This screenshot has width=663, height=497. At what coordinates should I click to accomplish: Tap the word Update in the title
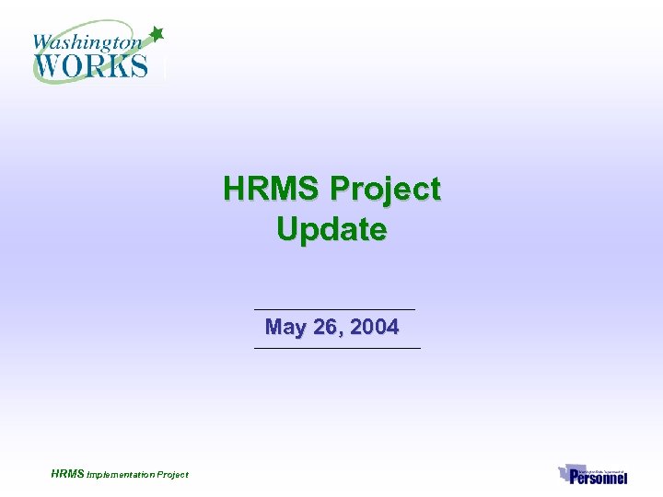point(331,229)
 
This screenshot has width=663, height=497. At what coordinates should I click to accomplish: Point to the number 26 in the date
point(324,327)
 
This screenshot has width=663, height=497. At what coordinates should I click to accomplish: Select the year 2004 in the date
point(374,327)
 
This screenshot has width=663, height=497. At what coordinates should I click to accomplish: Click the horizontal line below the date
point(336,348)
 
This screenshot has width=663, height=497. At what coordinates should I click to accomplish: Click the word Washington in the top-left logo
point(87,41)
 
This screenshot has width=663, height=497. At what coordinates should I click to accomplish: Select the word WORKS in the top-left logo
point(90,65)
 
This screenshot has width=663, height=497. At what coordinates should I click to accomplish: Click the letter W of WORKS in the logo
point(48,65)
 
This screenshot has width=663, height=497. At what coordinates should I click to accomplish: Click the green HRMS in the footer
point(67,474)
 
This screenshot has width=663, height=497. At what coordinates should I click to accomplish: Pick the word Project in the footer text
point(172,475)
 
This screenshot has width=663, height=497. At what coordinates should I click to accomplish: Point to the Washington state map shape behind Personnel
point(566,473)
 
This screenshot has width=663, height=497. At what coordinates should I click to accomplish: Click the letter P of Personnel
point(576,477)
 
